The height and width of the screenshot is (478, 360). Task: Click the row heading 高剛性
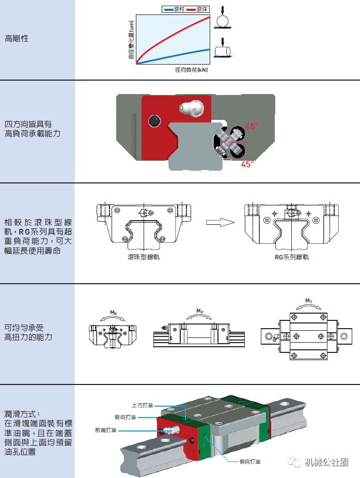(x=17, y=38)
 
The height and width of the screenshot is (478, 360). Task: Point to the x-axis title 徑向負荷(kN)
(x=191, y=69)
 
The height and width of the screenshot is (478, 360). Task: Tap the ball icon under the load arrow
(x=222, y=22)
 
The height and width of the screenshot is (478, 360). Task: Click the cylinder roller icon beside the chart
(x=224, y=52)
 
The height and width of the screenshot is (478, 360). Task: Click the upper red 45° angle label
(x=252, y=126)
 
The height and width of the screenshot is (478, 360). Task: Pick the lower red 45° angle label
(x=247, y=164)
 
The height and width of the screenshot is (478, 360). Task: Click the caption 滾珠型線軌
(x=144, y=257)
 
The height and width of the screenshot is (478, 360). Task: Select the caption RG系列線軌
(x=292, y=257)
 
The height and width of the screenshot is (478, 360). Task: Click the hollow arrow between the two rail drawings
(x=217, y=222)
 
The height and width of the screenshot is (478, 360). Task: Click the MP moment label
(x=199, y=311)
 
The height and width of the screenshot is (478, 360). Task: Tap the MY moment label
(x=308, y=300)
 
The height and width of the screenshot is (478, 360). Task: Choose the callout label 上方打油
(x=143, y=406)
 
